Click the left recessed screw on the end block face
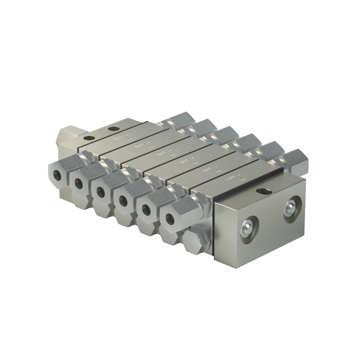pos(247,227)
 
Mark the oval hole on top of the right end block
pos(263,192)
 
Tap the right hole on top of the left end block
pos(112,130)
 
